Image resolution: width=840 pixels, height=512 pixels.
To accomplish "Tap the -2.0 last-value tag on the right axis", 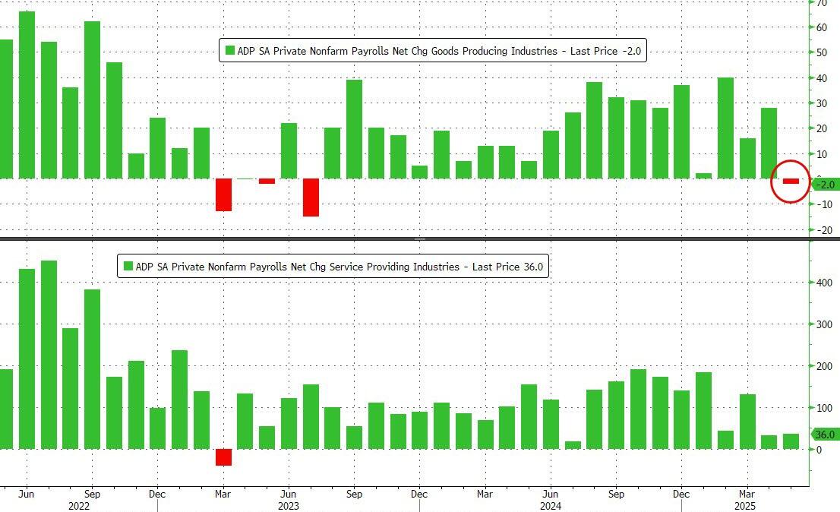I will [x=826, y=185].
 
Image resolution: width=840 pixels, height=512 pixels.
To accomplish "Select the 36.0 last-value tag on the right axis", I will [x=826, y=435].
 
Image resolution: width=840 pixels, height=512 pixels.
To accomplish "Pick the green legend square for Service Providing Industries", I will [x=128, y=267].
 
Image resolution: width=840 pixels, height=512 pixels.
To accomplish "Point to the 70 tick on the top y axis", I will [x=822, y=3].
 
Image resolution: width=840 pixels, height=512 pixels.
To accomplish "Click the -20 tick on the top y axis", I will [x=823, y=230].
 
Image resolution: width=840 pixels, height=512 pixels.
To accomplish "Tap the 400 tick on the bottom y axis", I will [x=824, y=283].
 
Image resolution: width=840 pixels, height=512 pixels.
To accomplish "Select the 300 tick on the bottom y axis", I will [x=824, y=324].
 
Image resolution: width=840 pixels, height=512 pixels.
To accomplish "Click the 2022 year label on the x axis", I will [x=79, y=505].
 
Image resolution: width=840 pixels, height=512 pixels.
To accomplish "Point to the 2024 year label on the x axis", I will [x=551, y=505].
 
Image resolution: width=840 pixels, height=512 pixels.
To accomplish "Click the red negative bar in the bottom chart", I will [x=223, y=457].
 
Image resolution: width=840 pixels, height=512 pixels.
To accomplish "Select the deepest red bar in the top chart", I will [x=311, y=198].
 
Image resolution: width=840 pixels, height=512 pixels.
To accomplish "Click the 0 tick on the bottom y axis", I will [x=819, y=450].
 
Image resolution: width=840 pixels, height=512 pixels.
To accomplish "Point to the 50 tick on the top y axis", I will [x=822, y=52].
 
